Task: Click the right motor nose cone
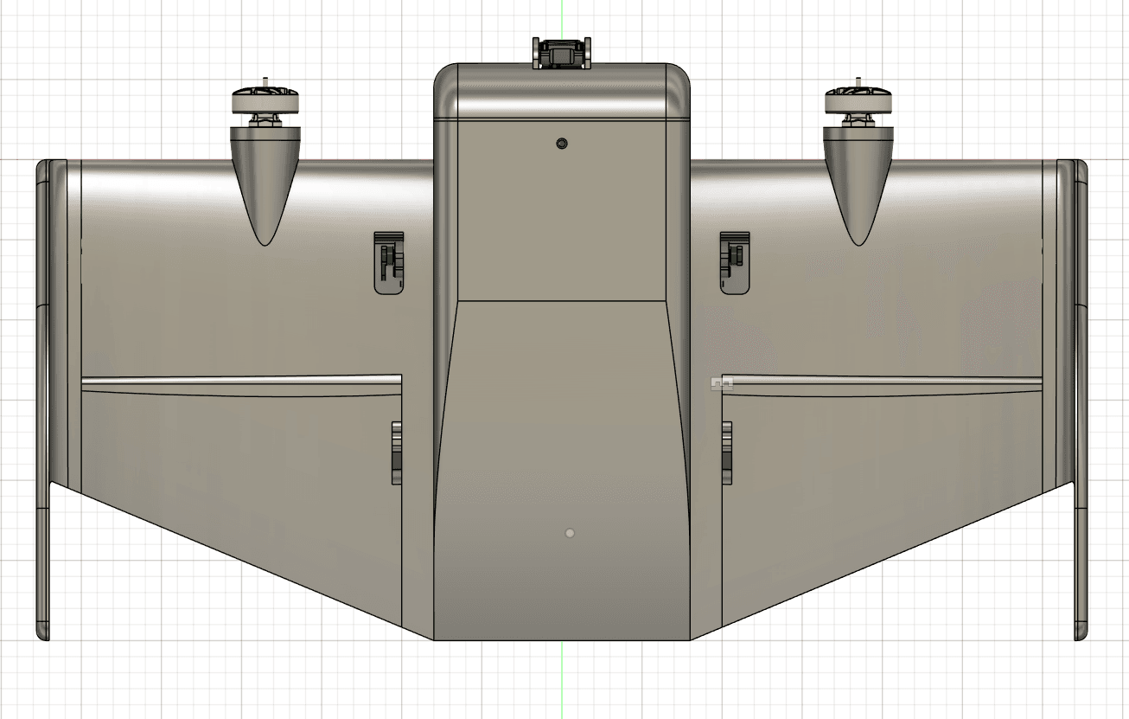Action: [x=858, y=177]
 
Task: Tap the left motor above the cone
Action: [x=265, y=102]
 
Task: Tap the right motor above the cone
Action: [x=858, y=102]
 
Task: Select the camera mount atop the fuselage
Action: [x=562, y=53]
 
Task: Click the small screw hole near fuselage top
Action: [x=562, y=143]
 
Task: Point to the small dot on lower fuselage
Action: [x=569, y=533]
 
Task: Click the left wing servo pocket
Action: [x=389, y=263]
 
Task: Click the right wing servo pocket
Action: [x=735, y=263]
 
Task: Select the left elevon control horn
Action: [x=396, y=452]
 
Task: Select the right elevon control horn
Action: [x=727, y=452]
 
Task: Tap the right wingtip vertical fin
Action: [x=1080, y=398]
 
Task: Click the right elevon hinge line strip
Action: [x=882, y=380]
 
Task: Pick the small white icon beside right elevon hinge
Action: [x=717, y=382]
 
